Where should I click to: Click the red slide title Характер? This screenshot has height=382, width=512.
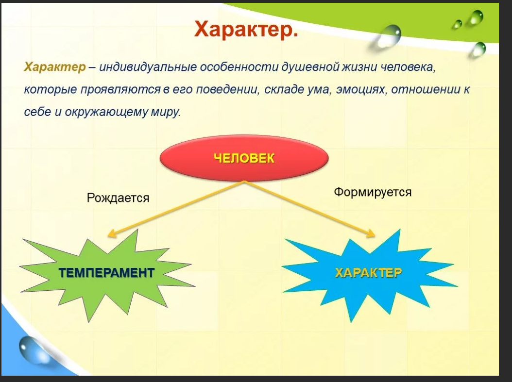coord(246,29)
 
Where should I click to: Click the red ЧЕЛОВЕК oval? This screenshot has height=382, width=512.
coord(244,158)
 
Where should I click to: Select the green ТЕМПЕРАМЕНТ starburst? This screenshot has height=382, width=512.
coord(107,274)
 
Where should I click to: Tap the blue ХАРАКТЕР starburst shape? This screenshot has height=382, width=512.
coord(369,274)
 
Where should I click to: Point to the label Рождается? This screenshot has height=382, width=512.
coord(118,198)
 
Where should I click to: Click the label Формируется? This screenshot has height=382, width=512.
coord(373,192)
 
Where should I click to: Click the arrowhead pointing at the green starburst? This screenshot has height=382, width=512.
coord(112,233)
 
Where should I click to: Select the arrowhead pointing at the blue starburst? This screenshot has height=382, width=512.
coord(370,233)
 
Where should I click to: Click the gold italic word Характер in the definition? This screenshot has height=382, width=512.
coord(55,67)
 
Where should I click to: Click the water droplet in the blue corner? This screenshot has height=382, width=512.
coord(31,349)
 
